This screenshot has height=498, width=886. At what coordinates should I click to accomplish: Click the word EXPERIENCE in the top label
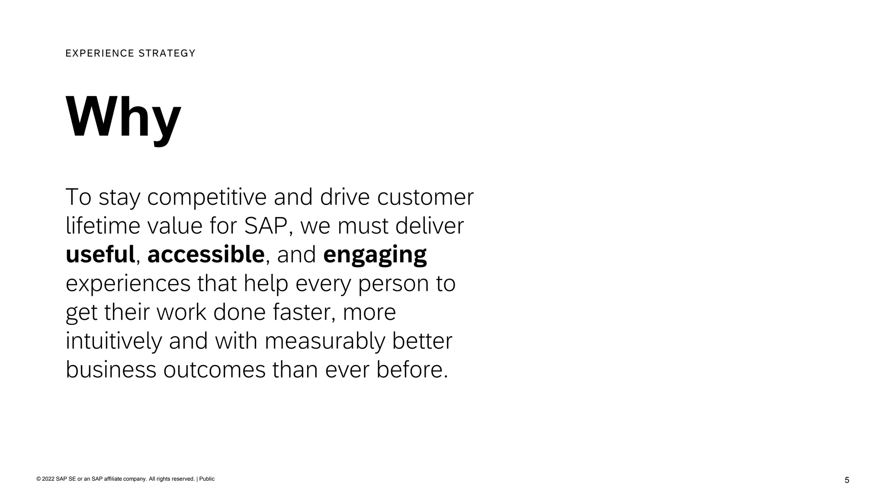pos(100,53)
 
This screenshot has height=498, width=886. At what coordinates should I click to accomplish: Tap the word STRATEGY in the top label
pos(167,53)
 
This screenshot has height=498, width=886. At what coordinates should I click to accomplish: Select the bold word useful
pos(100,254)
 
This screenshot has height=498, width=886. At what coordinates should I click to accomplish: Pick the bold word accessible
pos(206,254)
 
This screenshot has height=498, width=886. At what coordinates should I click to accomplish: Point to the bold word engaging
pos(375,255)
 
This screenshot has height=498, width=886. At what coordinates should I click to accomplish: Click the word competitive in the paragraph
pos(207,197)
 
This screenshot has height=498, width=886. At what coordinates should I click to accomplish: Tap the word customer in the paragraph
pos(425,197)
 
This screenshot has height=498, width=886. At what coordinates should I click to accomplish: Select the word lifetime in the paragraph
pos(103,226)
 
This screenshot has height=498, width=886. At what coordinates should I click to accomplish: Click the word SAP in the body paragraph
pos(266,226)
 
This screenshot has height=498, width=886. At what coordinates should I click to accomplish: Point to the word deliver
pos(429,226)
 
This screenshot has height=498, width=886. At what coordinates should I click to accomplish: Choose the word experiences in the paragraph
pos(128,284)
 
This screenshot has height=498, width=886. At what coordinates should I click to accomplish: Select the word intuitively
pos(114,341)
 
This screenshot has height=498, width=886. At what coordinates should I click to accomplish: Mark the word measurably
pos(324,341)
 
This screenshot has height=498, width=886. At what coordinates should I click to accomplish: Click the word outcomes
pos(214,370)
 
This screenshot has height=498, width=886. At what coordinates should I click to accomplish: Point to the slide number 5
pos(847,480)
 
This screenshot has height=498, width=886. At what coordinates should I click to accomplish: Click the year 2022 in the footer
pos(48,479)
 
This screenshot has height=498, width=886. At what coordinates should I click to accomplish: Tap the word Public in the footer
pos(207,479)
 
